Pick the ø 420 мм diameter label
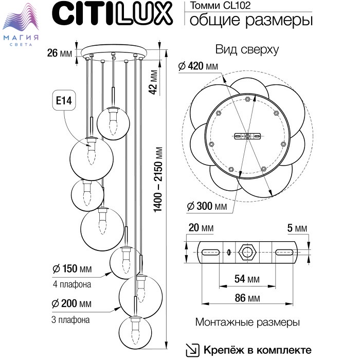[x=198, y=66]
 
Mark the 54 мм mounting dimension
[x=246, y=279]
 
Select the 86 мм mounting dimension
[x=246, y=298]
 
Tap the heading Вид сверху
[x=247, y=50]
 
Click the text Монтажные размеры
[x=247, y=322]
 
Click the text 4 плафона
[x=72, y=284]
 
